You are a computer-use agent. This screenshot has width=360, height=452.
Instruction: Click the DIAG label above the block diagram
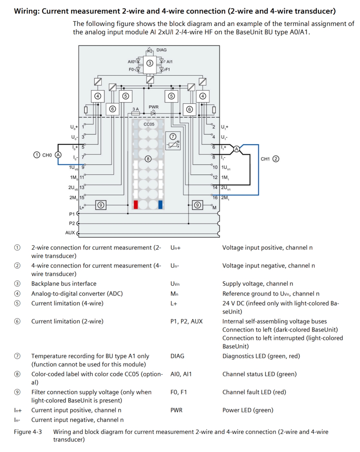click(161, 50)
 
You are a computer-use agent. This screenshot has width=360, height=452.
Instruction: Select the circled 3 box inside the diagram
click(150, 63)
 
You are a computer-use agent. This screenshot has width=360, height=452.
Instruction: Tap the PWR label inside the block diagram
click(154, 107)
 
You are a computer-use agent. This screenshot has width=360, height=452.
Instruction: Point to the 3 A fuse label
click(135, 109)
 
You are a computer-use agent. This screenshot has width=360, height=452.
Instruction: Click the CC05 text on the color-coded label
click(149, 124)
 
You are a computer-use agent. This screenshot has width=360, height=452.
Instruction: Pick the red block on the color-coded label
click(136, 204)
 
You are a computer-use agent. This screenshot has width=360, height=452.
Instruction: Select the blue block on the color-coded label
click(160, 204)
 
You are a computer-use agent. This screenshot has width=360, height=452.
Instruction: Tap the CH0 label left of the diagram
click(47, 155)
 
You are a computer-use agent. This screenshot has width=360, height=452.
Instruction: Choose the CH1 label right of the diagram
click(265, 159)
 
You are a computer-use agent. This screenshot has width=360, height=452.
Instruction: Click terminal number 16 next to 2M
click(215, 198)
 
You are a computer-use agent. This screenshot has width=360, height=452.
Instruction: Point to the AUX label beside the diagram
click(70, 233)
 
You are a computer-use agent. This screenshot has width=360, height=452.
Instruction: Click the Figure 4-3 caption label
click(28, 432)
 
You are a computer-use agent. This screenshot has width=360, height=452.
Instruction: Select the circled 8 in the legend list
click(17, 374)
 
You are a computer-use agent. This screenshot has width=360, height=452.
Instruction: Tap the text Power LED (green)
click(248, 410)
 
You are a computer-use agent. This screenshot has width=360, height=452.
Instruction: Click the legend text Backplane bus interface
click(64, 284)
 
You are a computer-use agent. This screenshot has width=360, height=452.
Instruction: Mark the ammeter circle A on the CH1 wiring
click(236, 149)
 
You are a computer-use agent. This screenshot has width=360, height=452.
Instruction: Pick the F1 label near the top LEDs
click(167, 69)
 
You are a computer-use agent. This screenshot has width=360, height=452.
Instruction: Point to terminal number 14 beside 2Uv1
click(215, 187)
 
